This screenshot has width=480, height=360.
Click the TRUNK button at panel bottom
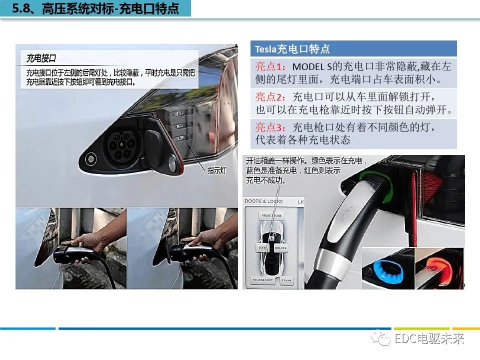point(286,280)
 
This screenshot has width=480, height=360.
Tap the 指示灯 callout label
point(217,170)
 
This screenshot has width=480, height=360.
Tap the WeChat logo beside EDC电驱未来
point(383,339)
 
